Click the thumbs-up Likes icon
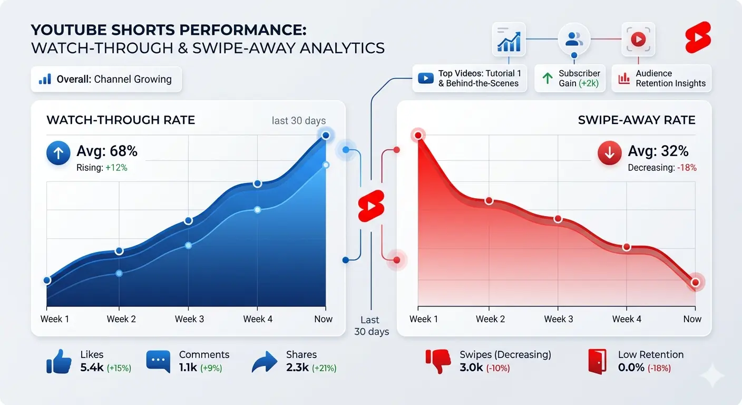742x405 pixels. click(59, 361)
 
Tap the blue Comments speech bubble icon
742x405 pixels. click(159, 361)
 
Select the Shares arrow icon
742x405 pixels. click(265, 362)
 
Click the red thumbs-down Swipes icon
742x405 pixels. click(438, 361)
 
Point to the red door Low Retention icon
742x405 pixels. click(598, 361)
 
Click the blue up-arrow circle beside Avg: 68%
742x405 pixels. click(58, 153)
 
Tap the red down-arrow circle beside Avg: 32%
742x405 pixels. click(610, 153)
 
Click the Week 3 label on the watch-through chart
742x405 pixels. click(189, 319)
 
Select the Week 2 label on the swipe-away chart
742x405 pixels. click(490, 319)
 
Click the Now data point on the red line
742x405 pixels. click(695, 283)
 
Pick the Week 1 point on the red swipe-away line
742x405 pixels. click(418, 136)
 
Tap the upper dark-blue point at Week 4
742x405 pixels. click(257, 184)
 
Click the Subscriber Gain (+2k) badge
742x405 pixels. click(571, 79)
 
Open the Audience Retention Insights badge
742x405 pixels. click(661, 79)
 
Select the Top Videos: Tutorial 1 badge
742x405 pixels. click(470, 79)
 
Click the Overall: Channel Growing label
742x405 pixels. click(106, 80)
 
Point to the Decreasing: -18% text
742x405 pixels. click(662, 168)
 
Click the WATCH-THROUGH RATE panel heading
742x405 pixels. click(121, 120)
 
